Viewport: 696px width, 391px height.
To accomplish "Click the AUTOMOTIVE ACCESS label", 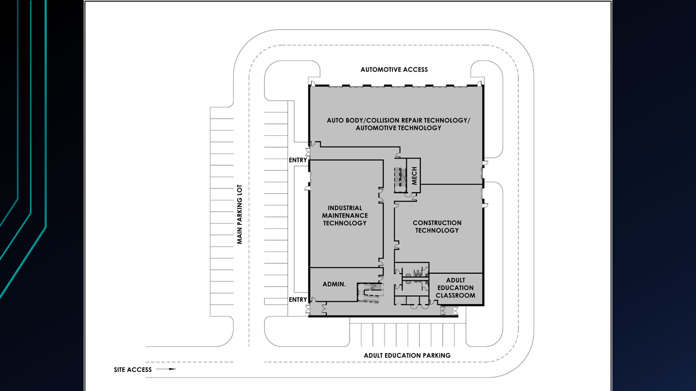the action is coord(394,70).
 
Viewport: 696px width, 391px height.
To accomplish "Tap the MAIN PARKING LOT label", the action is coord(240,215).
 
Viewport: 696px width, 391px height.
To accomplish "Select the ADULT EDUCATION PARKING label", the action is coord(407,355).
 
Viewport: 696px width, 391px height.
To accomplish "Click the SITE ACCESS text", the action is coord(133,370).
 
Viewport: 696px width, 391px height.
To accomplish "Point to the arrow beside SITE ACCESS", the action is coord(166,369).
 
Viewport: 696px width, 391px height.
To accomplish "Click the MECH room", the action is coord(414,175).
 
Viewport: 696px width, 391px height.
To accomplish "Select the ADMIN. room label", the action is coord(334,284).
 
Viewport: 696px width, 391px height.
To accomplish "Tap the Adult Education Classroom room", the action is coord(456,288).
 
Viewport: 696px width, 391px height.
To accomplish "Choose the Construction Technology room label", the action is coord(437,226).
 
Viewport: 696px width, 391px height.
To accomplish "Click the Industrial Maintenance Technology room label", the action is coord(345,216).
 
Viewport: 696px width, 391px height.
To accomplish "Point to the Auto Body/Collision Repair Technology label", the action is coord(399,124).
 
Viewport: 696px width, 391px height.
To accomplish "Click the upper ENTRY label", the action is coord(297,160).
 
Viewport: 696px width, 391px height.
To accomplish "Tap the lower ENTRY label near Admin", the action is coord(297,299).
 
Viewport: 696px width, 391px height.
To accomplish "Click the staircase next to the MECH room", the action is coord(400,180).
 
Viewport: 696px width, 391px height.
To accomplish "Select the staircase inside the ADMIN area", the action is coord(370,293).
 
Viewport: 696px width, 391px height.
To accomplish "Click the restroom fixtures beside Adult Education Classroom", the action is coord(416,277).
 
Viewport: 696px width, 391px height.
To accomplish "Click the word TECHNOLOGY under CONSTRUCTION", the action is coord(437,230).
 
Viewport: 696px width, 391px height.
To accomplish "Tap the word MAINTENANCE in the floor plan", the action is coord(345,216).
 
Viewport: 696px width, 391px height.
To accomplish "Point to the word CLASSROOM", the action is coord(456,295).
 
